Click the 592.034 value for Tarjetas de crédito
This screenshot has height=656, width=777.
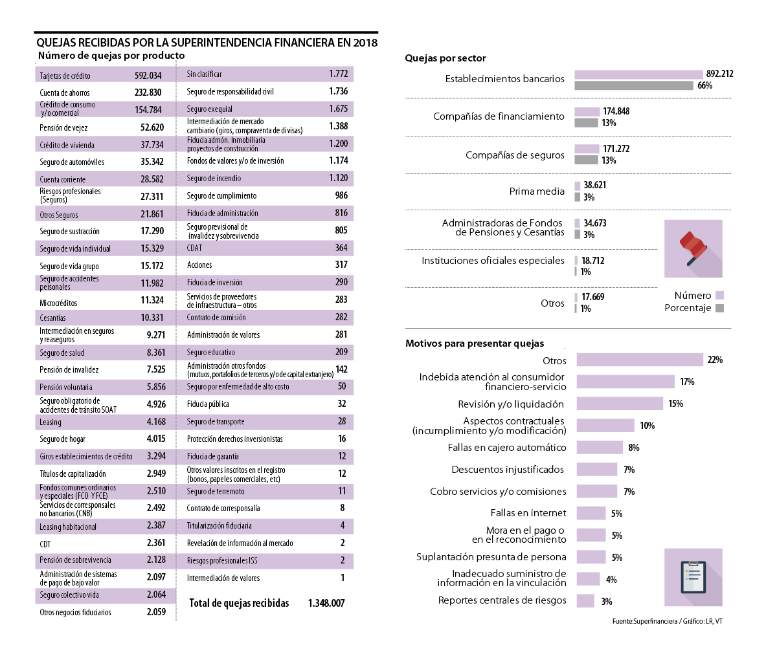click(148, 76)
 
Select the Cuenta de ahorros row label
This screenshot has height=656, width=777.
click(65, 93)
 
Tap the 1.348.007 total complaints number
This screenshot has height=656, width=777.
click(326, 603)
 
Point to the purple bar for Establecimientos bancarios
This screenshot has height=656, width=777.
click(638, 74)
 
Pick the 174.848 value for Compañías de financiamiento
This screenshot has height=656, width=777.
click(616, 111)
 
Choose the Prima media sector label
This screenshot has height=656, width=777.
click(537, 191)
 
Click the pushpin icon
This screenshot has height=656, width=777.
click(692, 248)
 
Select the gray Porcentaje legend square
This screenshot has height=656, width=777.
click(719, 308)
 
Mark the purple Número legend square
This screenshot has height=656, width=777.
click(719, 296)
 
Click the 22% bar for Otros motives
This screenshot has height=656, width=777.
click(639, 360)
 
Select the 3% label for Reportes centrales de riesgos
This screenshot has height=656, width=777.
click(606, 602)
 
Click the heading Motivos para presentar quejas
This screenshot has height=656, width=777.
click(475, 344)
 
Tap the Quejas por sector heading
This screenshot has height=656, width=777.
click(445, 58)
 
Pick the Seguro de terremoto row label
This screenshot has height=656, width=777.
click(216, 492)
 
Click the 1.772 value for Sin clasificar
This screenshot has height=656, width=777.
click(338, 74)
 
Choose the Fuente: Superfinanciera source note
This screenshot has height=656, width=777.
click(667, 621)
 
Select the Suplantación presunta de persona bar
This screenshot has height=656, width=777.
click(591, 557)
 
